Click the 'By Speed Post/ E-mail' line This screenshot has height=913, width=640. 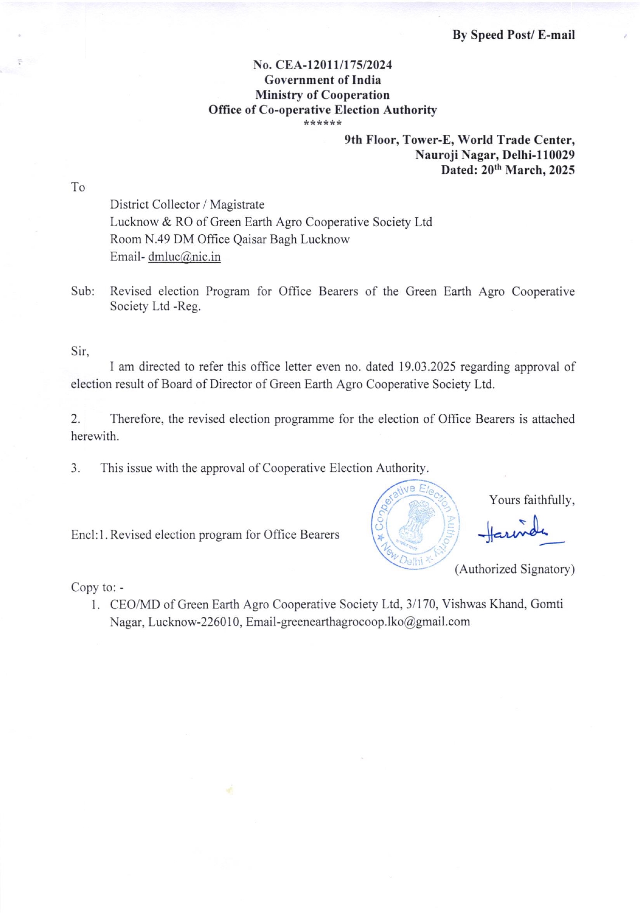click(513, 35)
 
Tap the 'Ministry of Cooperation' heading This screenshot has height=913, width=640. click(322, 95)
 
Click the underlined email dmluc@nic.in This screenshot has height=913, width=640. click(184, 257)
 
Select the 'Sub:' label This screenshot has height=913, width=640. click(83, 292)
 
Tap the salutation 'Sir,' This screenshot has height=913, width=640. click(80, 352)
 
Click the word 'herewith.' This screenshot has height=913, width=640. click(95, 437)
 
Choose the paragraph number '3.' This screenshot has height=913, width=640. click(75, 469)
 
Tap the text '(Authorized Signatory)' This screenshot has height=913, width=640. click(514, 570)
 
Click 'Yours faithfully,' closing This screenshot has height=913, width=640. click(532, 500)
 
